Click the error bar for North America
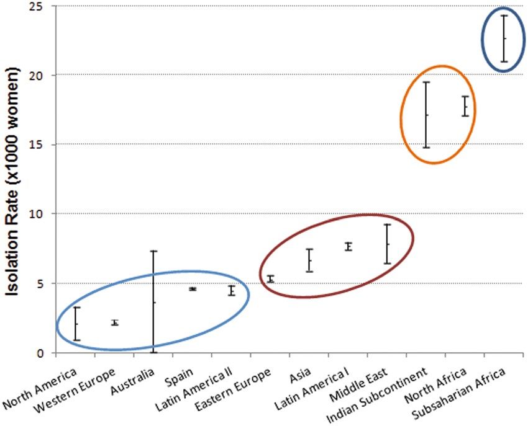click(x=76, y=323)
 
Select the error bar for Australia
click(x=153, y=302)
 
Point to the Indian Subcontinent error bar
click(x=426, y=115)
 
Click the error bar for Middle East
click(x=387, y=244)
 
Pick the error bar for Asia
click(x=309, y=260)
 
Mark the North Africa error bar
click(x=465, y=106)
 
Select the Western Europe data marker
click(x=115, y=323)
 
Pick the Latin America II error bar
click(x=232, y=290)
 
